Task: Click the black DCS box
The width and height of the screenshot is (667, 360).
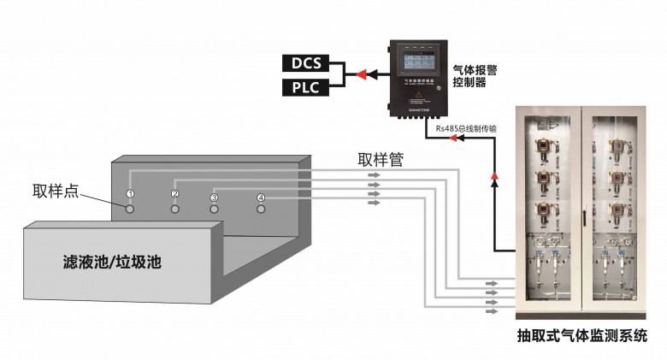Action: [x=306, y=62]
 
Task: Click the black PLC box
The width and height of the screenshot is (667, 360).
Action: [x=306, y=86]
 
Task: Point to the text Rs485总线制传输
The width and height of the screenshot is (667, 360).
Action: [x=466, y=128]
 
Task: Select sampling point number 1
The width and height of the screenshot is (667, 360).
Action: [x=131, y=194]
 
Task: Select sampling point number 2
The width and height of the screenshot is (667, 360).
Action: [x=174, y=194]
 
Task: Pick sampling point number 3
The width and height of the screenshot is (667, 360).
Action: [x=215, y=198]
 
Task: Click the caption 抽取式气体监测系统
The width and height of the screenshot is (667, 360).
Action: [x=581, y=336]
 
